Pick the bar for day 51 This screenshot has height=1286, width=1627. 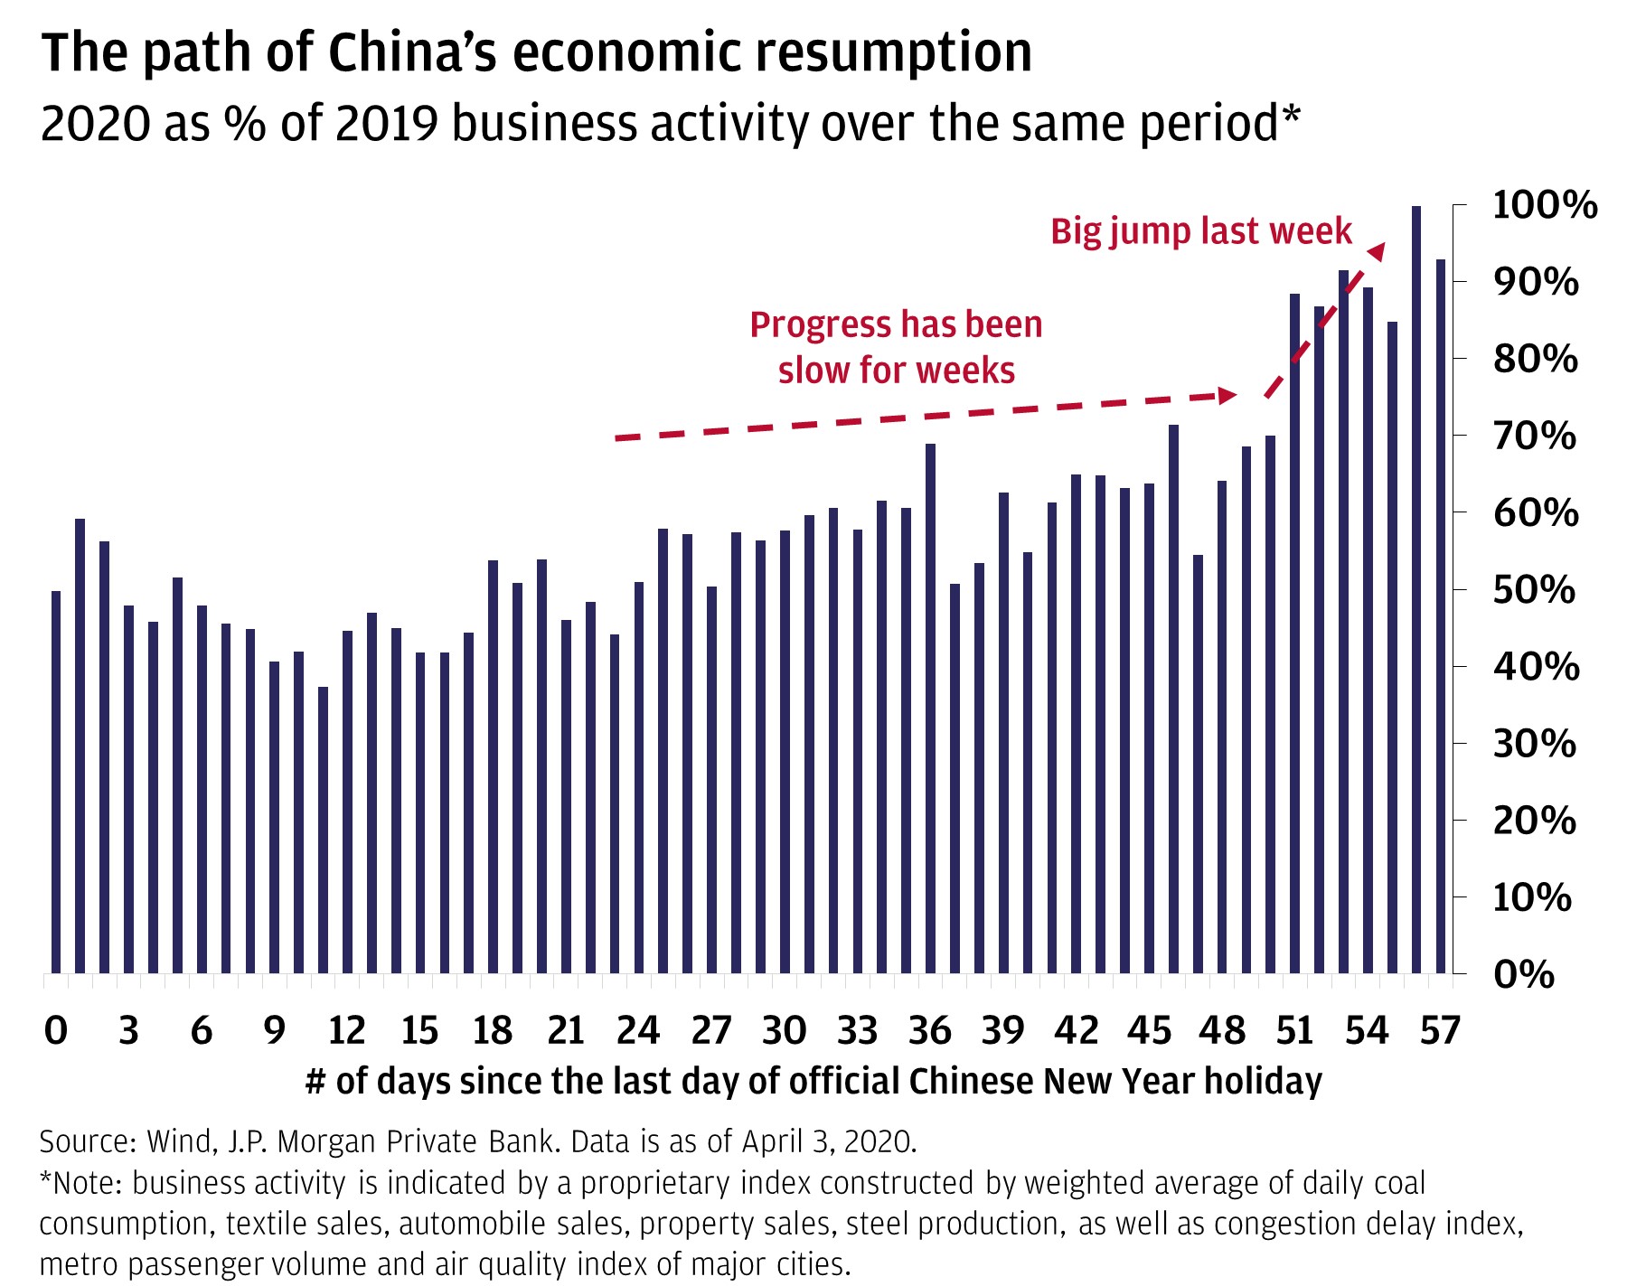[x=1294, y=633]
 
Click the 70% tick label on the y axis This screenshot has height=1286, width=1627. [x=1534, y=436]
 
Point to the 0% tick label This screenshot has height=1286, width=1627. [x=1524, y=974]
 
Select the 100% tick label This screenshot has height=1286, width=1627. [x=1544, y=205]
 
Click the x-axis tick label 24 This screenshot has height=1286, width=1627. [x=638, y=1030]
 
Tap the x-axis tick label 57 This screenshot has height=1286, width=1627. [x=1440, y=1030]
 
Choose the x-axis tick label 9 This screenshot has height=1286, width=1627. [x=274, y=1030]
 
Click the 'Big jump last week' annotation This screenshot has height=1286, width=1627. [x=1200, y=231]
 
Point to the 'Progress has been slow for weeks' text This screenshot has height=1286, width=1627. [x=896, y=347]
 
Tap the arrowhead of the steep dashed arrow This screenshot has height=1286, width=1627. [x=1376, y=250]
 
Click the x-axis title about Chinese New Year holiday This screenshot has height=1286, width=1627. [x=813, y=1081]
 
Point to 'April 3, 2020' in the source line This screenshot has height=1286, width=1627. [x=828, y=1141]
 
